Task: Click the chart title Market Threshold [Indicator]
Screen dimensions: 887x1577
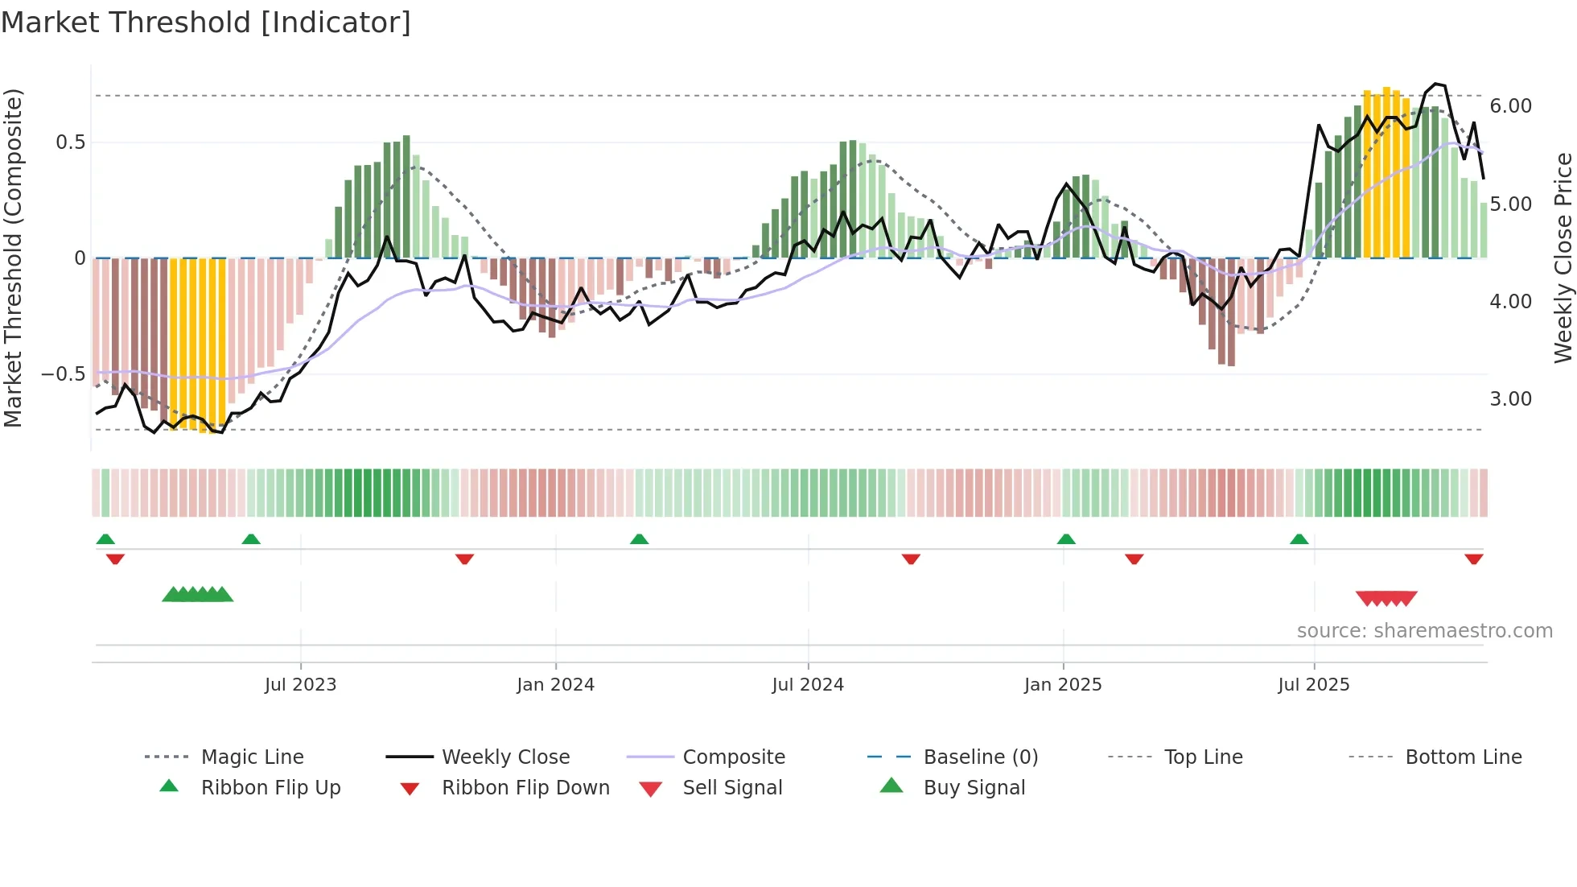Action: [206, 23]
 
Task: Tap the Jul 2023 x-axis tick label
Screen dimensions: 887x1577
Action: [300, 685]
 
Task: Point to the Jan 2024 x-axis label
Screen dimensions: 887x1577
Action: [555, 685]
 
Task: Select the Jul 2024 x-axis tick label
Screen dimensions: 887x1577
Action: [808, 685]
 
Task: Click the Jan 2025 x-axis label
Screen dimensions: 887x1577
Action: [1063, 685]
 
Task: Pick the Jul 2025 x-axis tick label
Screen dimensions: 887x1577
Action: [1314, 685]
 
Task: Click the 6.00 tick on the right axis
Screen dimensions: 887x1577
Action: [1510, 106]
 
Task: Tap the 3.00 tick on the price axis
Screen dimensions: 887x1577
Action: [1510, 399]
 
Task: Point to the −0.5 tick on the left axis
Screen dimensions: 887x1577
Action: [63, 374]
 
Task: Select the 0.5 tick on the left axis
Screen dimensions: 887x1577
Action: [70, 142]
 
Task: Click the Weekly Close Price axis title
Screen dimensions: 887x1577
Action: [1563, 258]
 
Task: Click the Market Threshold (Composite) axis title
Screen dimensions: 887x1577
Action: [13, 258]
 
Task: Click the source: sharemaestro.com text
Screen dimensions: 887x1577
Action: [1424, 631]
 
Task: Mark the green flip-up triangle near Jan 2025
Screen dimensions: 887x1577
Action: [1066, 539]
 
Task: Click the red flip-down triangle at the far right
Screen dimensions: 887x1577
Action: [1473, 559]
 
